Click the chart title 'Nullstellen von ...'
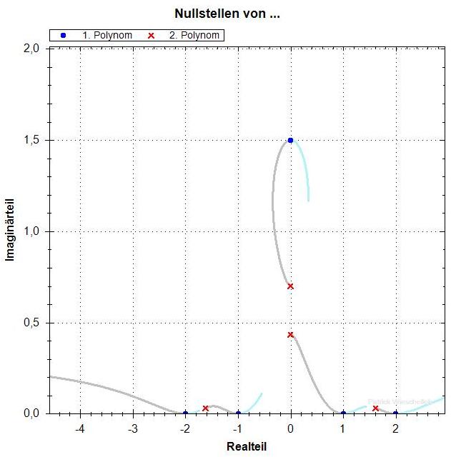227,14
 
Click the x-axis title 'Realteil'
246,446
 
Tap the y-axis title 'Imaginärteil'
11,231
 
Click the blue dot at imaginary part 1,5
290,140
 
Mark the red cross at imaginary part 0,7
290,286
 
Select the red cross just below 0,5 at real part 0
290,334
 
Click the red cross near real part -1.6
206,408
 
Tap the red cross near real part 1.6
375,408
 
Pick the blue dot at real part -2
185,413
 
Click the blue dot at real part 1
343,413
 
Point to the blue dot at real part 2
395,413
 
